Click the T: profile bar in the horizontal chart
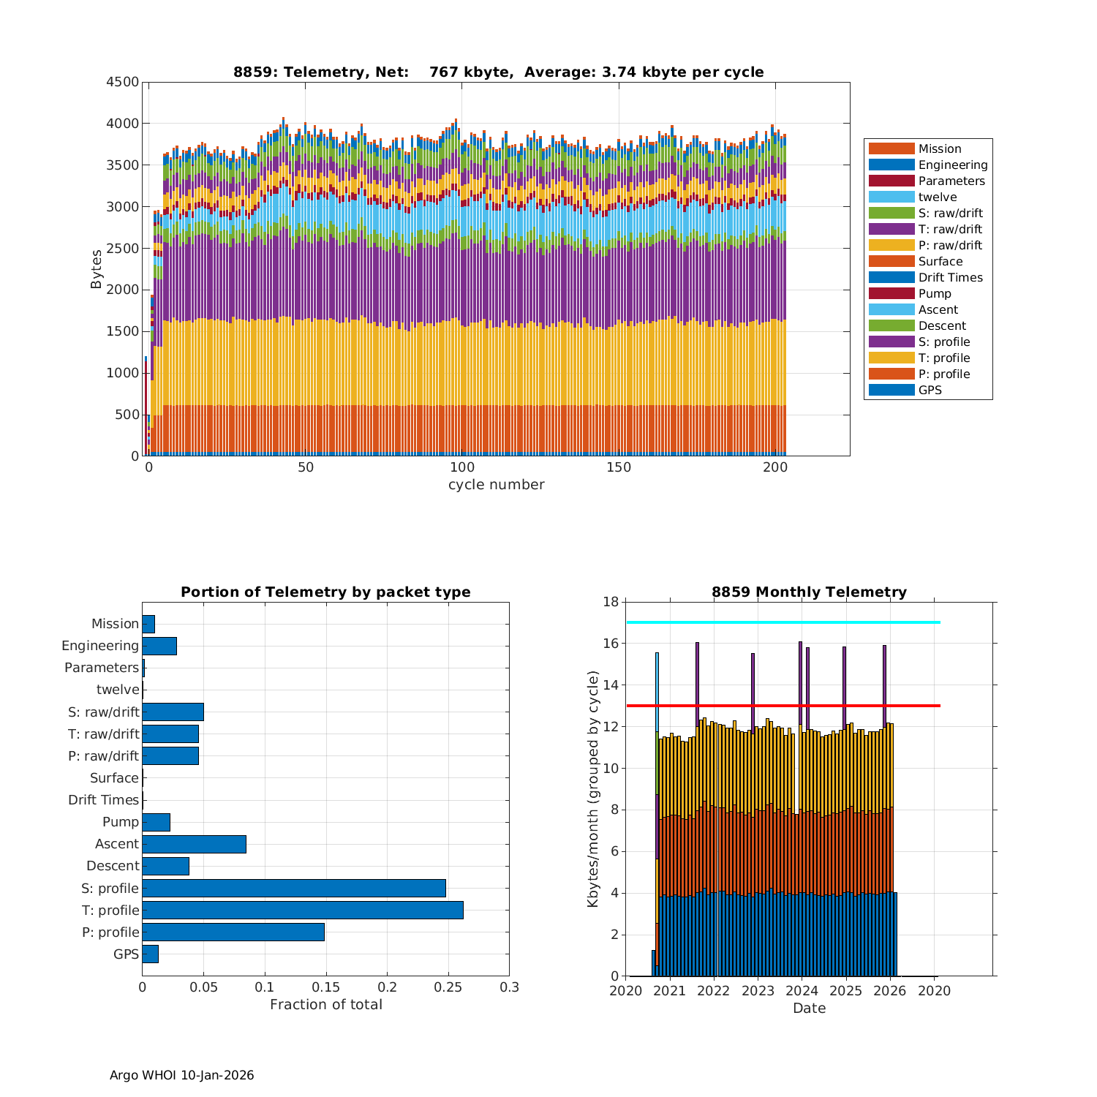point(303,910)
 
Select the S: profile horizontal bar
point(294,888)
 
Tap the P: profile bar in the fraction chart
point(233,932)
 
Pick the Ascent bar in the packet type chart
point(194,844)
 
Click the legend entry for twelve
point(938,197)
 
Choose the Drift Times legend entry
point(950,277)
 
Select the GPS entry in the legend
point(930,390)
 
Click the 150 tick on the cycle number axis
point(619,468)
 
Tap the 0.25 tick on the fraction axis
point(448,987)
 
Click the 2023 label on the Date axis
point(758,991)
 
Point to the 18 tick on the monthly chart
point(611,602)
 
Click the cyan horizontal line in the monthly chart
point(783,622)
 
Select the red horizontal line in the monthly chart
point(783,706)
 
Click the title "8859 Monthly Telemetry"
point(809,592)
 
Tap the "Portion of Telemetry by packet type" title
point(325,592)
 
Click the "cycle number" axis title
point(496,485)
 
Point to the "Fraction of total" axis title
point(325,1005)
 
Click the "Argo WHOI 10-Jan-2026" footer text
point(181,1075)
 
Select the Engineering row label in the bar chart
point(100,646)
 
